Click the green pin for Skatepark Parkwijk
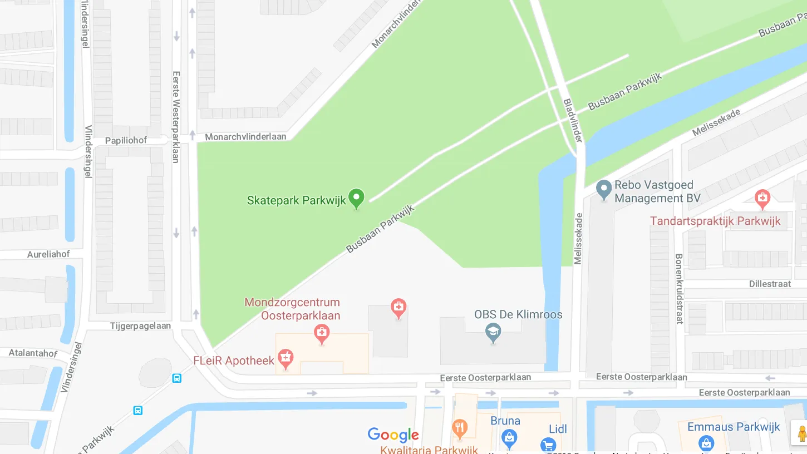pos(356,198)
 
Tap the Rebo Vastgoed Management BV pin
pos(603,189)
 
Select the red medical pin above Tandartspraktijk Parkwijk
pos(762,198)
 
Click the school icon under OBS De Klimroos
pos(493,333)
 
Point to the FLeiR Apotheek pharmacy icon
pos(286,358)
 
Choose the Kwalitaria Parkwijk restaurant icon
pos(459,428)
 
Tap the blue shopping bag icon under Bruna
pos(509,438)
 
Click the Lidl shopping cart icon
pos(548,445)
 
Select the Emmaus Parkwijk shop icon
pos(706,443)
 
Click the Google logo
pos(393,435)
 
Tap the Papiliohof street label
pos(126,140)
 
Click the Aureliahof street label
pos(48,254)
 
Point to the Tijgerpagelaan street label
pos(140,326)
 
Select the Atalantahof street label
pos(33,353)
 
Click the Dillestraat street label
pos(770,284)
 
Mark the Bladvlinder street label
pos(573,121)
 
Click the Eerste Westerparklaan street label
pos(176,116)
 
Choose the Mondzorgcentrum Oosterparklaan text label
pos(292,309)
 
